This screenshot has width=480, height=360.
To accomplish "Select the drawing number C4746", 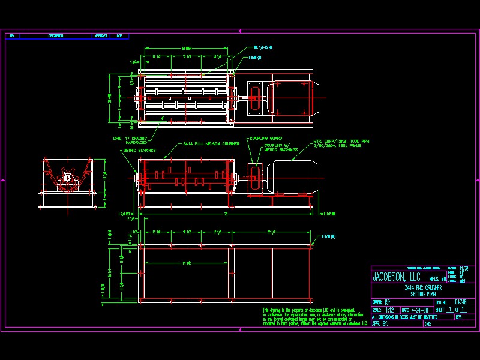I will [x=460, y=302].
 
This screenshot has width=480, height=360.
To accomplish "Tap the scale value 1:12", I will [x=389, y=310].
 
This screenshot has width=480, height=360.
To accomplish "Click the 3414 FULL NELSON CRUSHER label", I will [x=211, y=144].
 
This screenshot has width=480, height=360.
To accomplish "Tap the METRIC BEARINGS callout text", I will [x=136, y=151].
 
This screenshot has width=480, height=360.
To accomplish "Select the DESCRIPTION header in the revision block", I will [x=56, y=36].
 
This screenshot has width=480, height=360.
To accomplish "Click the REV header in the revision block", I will [x=12, y=36].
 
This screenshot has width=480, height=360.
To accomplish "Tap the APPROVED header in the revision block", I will [x=100, y=36].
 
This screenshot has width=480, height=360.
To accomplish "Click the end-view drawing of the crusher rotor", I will [x=68, y=181].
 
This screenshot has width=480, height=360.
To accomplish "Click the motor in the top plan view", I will [x=291, y=98].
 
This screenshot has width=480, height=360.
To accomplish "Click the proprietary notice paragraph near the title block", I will [x=315, y=317].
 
